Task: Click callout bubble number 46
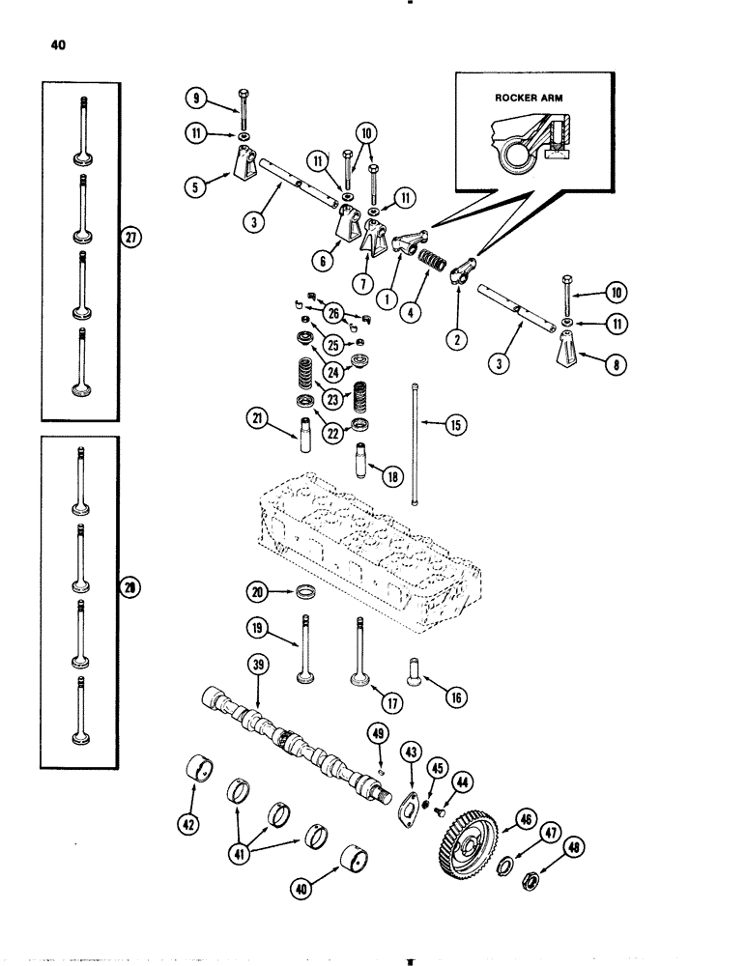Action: point(525,820)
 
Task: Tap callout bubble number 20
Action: point(253,590)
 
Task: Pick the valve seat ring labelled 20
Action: point(301,591)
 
